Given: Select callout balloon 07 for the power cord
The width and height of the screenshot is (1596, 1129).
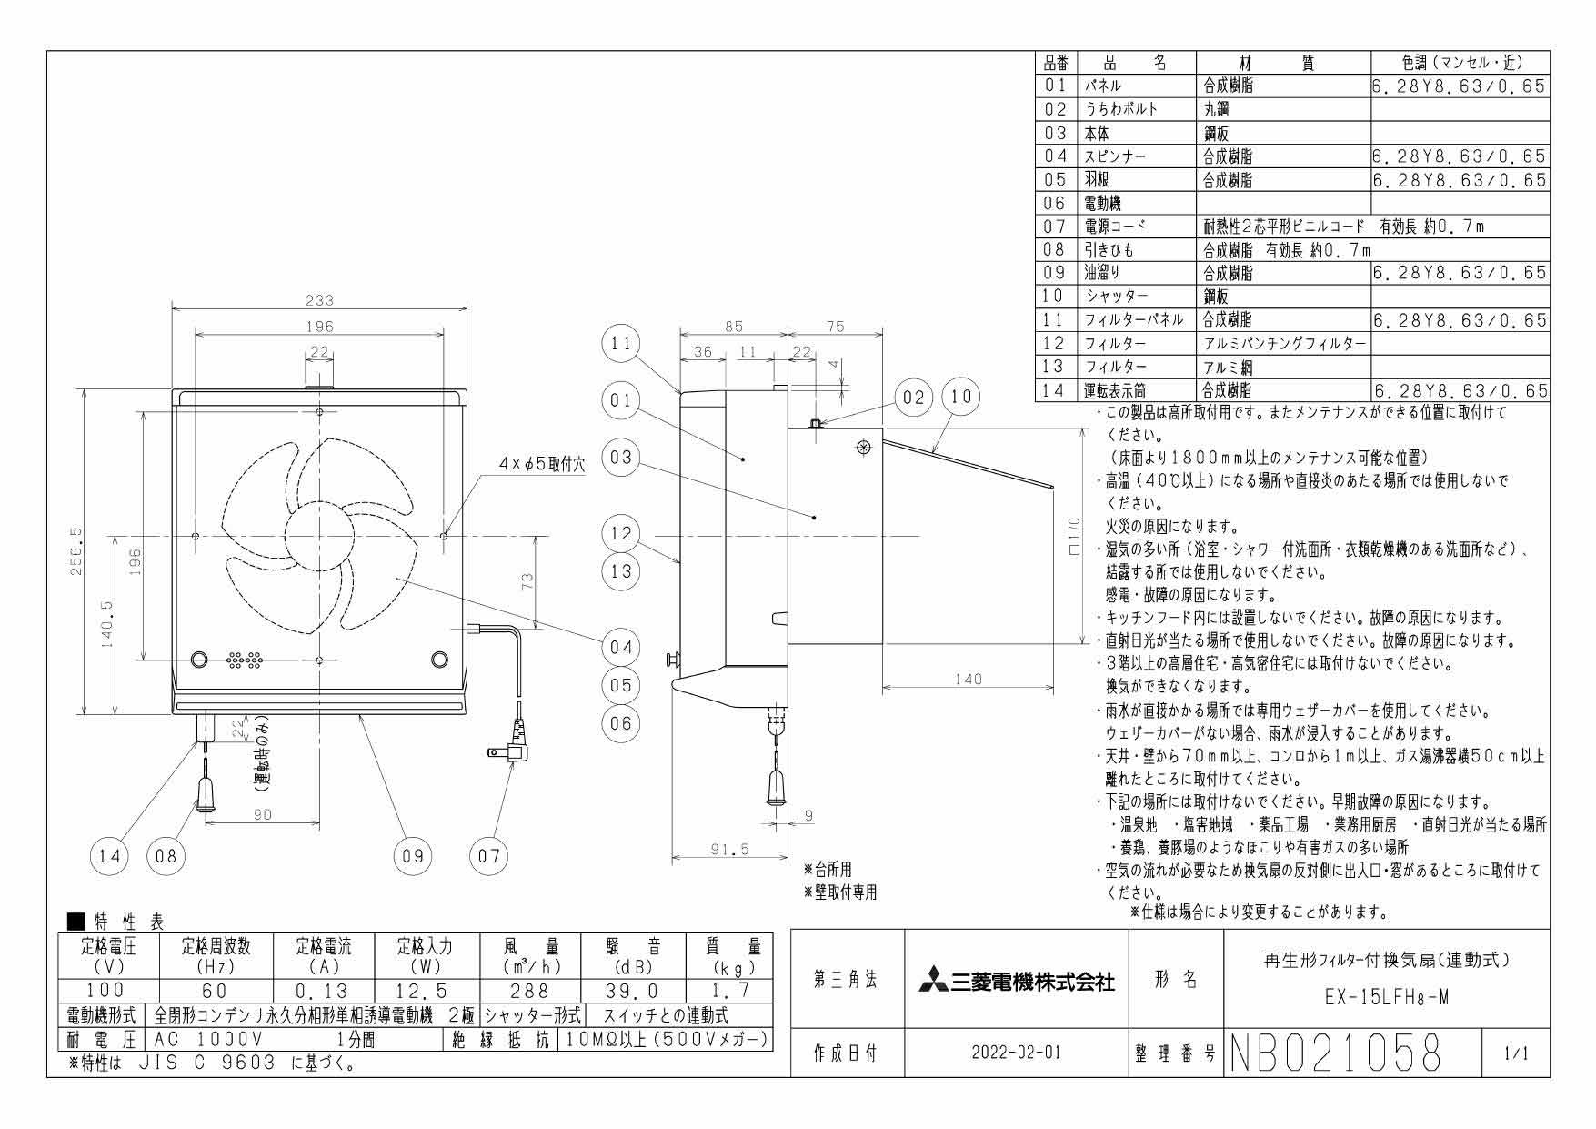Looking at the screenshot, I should tap(489, 855).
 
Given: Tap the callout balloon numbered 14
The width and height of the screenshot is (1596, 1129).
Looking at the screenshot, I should tap(110, 855).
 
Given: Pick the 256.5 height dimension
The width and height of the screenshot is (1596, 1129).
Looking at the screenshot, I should tap(75, 551).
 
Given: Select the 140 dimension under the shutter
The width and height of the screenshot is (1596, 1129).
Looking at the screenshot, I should tap(968, 679).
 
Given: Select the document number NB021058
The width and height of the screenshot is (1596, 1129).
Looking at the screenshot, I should tap(1337, 1053).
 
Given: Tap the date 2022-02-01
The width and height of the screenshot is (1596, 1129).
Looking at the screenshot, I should tap(1016, 1053).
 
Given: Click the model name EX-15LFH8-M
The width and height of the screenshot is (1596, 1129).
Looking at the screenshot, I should tap(1386, 998).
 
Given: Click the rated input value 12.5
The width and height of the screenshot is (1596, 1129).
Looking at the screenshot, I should tap(425, 991).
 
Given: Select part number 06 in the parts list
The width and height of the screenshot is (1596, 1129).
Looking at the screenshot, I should tap(1055, 204).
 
